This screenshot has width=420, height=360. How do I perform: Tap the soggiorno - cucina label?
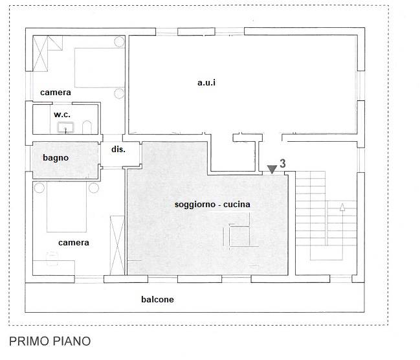click(212, 205)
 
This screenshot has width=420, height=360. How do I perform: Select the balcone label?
click(157, 300)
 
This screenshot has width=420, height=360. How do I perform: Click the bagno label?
click(56, 157)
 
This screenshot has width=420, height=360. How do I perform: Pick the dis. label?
click(118, 149)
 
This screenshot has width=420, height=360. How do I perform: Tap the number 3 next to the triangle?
click(283, 163)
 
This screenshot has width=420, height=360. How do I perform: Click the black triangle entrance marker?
click(272, 170)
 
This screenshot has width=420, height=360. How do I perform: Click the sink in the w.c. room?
click(65, 127)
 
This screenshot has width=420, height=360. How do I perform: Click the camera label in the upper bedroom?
click(56, 93)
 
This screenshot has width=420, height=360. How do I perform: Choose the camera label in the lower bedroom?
click(74, 243)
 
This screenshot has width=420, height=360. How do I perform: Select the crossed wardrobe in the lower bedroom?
click(118, 245)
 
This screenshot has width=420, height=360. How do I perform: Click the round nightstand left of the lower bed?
click(39, 188)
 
